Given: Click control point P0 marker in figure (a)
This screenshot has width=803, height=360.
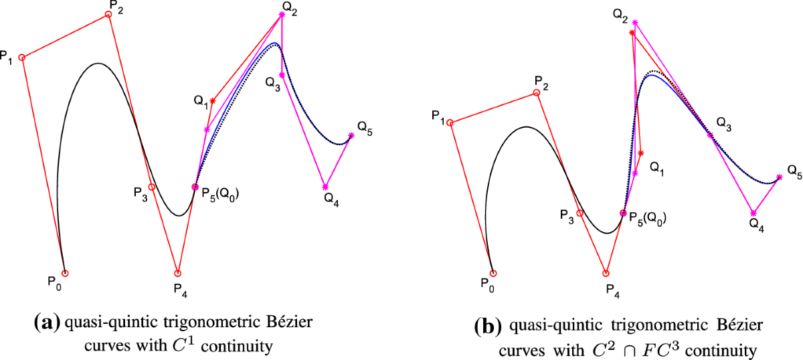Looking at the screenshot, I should [x=65, y=273].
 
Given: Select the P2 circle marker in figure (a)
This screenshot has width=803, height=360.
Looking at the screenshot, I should [x=108, y=15].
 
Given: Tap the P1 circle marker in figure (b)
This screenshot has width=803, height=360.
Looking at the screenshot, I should [x=450, y=122].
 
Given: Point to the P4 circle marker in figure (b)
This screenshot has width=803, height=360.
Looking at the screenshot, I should [x=606, y=273].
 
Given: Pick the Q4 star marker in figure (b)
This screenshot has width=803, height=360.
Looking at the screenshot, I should [x=753, y=213].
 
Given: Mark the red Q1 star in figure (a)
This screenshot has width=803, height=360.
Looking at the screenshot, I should [x=213, y=101].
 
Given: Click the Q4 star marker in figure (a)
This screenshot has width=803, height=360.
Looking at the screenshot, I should [x=325, y=187].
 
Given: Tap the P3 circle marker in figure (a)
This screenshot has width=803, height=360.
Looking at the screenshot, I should [x=152, y=187].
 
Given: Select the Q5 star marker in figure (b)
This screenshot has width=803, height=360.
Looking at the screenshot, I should [x=779, y=178].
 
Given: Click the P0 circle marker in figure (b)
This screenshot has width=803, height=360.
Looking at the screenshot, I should [x=493, y=273].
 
